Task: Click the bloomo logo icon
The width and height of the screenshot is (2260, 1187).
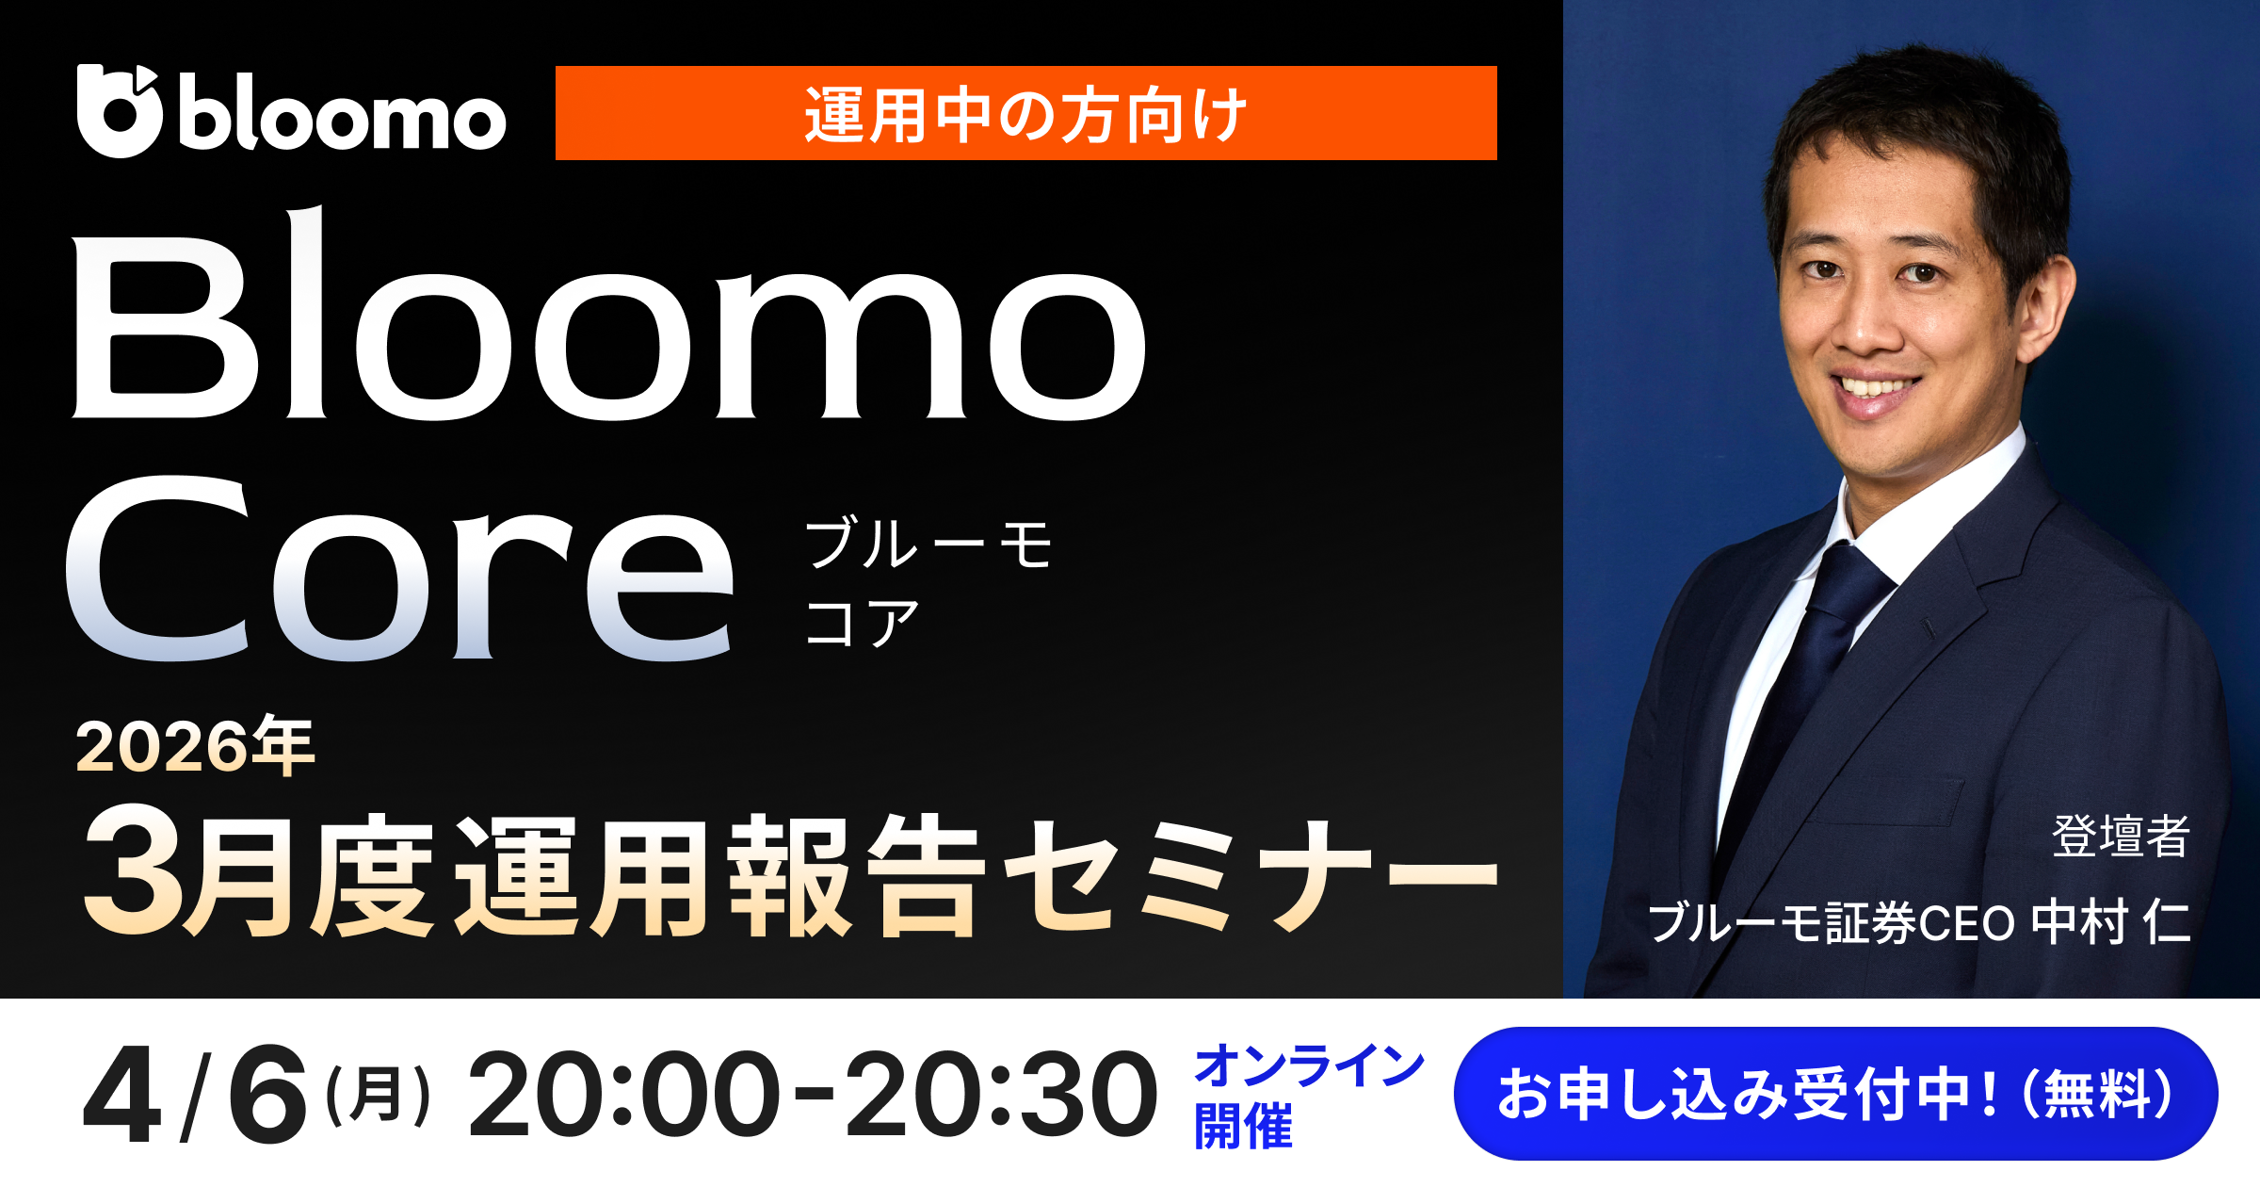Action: (120, 111)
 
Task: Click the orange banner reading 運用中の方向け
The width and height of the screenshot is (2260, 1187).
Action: (1025, 113)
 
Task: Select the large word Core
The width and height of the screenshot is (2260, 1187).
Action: (399, 571)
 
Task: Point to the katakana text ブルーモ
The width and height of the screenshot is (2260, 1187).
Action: (928, 544)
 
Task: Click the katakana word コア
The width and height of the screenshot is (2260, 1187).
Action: (862, 623)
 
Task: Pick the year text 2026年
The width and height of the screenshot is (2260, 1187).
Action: (195, 746)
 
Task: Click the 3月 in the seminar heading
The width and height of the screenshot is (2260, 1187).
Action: (188, 871)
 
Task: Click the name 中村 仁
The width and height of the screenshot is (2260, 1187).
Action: (2109, 922)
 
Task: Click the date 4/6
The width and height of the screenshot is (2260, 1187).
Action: (196, 1096)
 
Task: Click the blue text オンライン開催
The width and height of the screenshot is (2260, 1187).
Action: (1309, 1096)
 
